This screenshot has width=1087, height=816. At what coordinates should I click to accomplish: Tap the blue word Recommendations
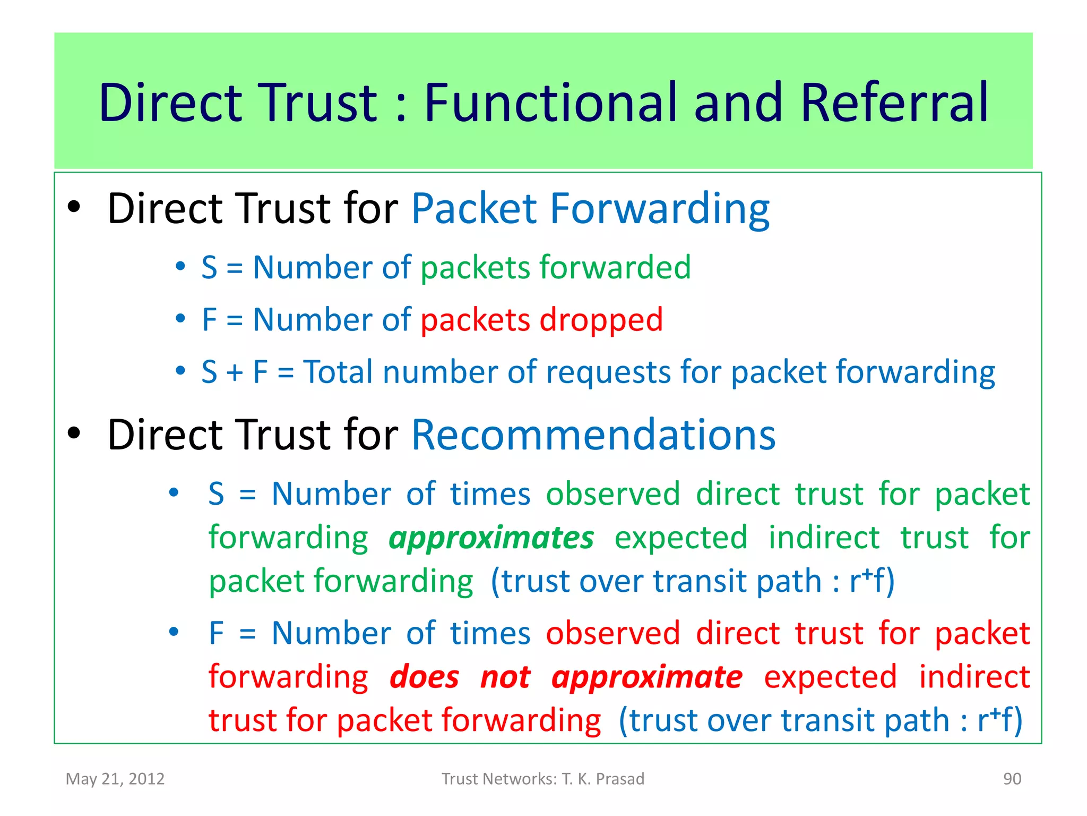click(x=593, y=435)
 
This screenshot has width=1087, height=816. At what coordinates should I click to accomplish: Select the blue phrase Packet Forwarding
click(x=590, y=209)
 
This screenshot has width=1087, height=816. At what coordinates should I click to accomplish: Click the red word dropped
click(x=601, y=320)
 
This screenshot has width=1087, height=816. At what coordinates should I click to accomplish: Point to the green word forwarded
click(x=615, y=267)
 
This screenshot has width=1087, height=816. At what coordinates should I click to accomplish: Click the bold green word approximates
click(x=491, y=539)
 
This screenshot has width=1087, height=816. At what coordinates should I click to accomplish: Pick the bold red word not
click(x=505, y=677)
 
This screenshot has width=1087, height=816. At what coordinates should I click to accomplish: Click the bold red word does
click(x=424, y=677)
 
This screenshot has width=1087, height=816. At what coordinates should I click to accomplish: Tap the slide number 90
click(x=1012, y=779)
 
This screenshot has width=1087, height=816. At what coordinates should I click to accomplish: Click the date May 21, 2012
click(x=115, y=779)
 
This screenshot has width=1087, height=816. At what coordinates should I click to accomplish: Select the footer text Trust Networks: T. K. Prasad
click(x=543, y=779)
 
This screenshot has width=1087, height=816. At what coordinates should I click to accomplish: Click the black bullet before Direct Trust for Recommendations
click(x=74, y=433)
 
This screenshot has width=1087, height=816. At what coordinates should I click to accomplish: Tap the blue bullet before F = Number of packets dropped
click(x=180, y=319)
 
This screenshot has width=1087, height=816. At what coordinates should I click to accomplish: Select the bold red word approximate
click(x=646, y=678)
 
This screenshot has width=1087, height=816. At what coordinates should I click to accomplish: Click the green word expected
click(x=681, y=539)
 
